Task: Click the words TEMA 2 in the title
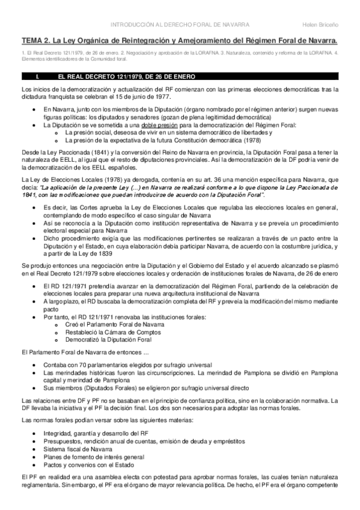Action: coord(35,40)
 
